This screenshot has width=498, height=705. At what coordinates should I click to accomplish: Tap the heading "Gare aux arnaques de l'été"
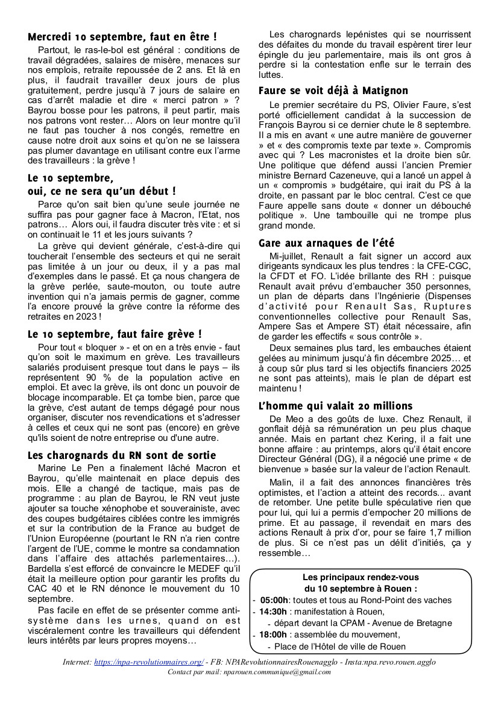coord(326,243)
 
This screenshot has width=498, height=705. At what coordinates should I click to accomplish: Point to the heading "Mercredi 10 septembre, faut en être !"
coord(122,37)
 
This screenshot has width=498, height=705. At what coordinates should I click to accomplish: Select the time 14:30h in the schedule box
coord(274,612)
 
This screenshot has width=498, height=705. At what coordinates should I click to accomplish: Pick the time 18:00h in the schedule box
coord(274,634)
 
